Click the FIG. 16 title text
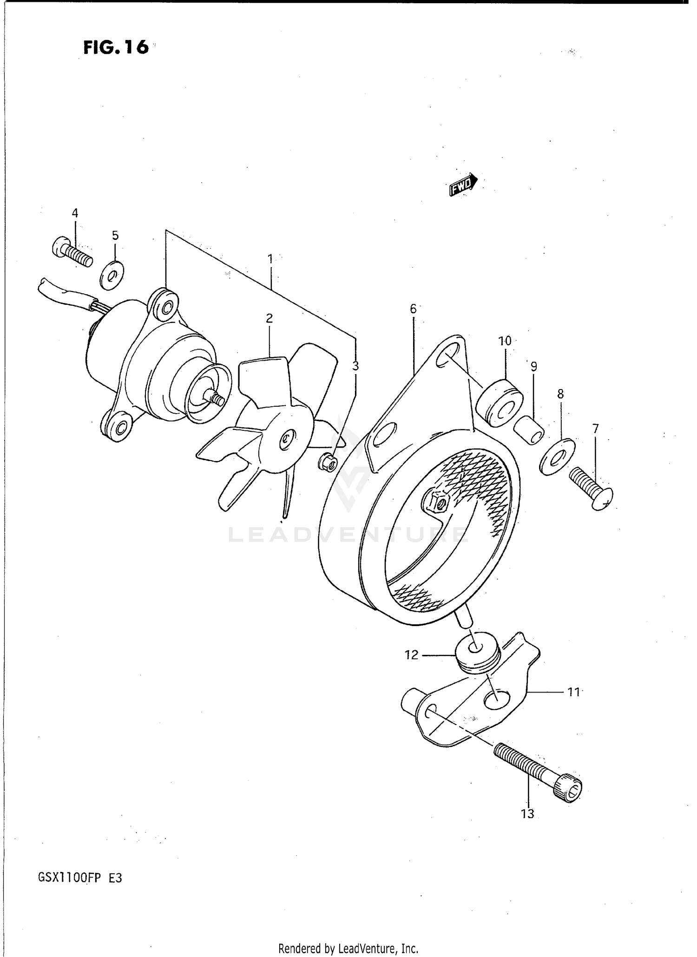coord(116,47)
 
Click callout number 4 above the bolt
coord(75,213)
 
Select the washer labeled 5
coord(112,276)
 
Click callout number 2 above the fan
coord(269,318)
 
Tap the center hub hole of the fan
coord(287,439)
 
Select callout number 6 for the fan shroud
coord(413,309)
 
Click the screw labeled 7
coord(591,489)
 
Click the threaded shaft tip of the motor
coord(217,398)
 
